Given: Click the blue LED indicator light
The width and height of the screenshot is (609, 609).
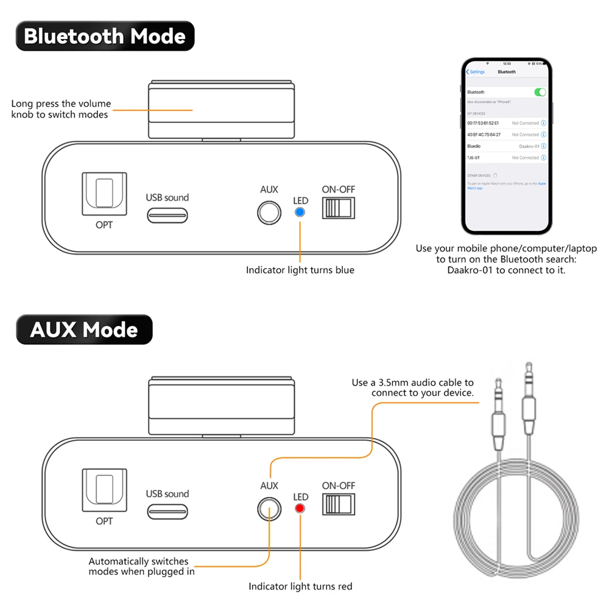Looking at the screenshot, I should tap(300, 213).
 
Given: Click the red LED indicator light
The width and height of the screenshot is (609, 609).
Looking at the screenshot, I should tap(300, 509).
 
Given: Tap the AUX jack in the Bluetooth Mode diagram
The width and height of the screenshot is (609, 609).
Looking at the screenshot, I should tap(269, 213).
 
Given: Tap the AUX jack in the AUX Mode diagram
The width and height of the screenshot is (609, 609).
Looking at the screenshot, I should tap(269, 509).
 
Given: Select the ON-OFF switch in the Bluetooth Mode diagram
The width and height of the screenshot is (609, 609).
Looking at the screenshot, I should tap(338, 208).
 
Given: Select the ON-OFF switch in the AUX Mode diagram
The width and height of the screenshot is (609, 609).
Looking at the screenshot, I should tap(338, 505).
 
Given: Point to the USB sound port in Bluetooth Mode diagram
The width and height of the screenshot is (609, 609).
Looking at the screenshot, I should tap(167, 216).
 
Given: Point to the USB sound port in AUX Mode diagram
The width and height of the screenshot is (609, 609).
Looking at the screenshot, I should tap(167, 512).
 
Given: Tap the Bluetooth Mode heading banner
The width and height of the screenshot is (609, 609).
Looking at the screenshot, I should tap(105, 36).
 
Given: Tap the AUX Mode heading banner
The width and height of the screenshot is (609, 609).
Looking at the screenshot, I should tap(84, 329).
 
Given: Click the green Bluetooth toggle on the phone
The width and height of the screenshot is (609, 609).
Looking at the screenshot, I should tap(540, 92).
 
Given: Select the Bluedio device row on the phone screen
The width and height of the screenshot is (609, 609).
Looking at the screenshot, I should tap(506, 146).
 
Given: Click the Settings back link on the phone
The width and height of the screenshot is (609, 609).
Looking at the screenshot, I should tap(476, 72).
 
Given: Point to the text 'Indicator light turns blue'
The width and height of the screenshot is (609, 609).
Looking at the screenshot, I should tap(300, 270).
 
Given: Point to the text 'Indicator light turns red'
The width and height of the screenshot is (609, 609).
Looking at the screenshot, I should tap(300, 586).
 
